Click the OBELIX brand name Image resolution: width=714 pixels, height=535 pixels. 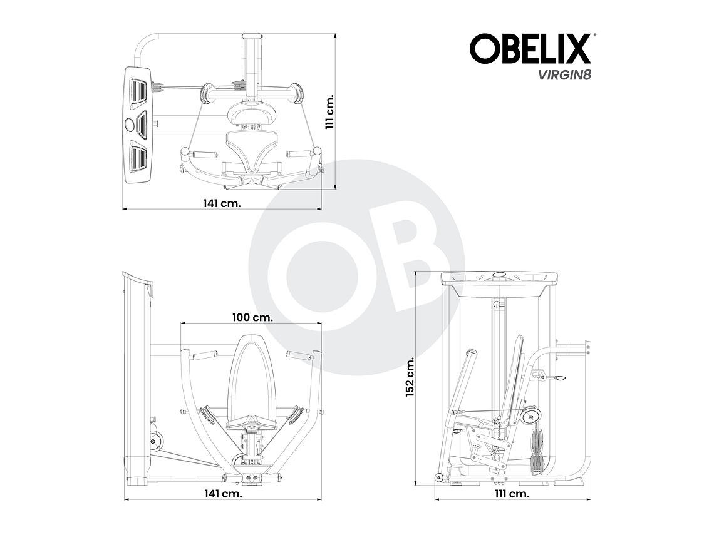[x=530, y=49]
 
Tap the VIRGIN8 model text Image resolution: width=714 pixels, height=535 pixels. [x=556, y=75]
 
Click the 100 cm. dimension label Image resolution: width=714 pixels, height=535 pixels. [x=252, y=317]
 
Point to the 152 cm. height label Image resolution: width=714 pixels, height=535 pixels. [x=411, y=377]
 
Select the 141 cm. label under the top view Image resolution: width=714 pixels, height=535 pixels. [x=222, y=203]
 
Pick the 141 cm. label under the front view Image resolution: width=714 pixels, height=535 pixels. [x=222, y=494]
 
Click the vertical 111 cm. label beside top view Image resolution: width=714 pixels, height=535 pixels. [x=330, y=112]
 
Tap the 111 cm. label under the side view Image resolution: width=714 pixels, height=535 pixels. [x=512, y=494]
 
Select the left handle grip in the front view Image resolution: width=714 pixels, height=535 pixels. [x=204, y=356]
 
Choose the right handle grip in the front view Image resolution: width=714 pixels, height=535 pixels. [x=299, y=355]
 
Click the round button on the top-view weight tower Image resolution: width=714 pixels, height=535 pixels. [x=130, y=125]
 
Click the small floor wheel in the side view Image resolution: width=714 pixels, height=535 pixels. [x=438, y=478]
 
